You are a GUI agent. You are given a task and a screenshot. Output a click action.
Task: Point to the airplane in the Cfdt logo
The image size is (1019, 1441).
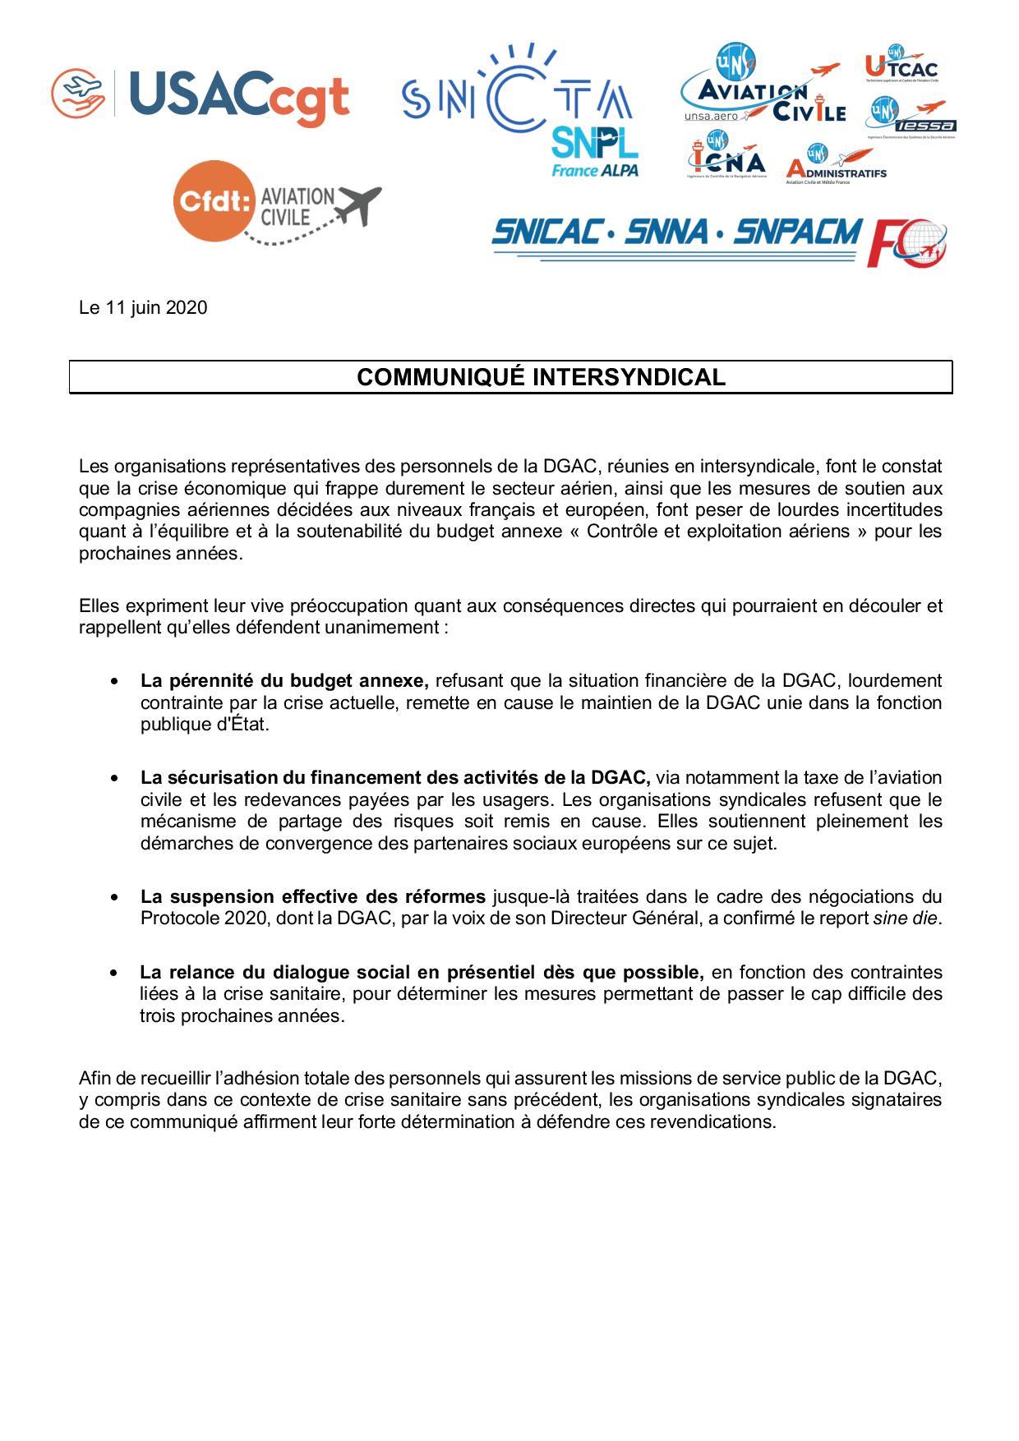(x=355, y=205)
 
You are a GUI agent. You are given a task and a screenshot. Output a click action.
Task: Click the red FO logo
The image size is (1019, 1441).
(x=908, y=242)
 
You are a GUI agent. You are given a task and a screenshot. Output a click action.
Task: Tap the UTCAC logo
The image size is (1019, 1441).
(x=901, y=67)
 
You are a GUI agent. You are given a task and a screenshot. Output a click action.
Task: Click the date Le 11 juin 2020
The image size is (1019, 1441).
(x=143, y=308)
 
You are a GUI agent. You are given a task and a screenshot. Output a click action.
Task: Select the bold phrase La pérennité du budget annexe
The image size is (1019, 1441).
(x=284, y=681)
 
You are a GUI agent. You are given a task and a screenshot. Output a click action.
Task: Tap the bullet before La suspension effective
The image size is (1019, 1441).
(x=114, y=897)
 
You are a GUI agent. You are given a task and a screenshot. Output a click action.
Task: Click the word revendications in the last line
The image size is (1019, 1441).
(x=711, y=1122)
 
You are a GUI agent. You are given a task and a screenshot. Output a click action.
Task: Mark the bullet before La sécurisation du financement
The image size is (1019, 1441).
(x=114, y=778)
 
